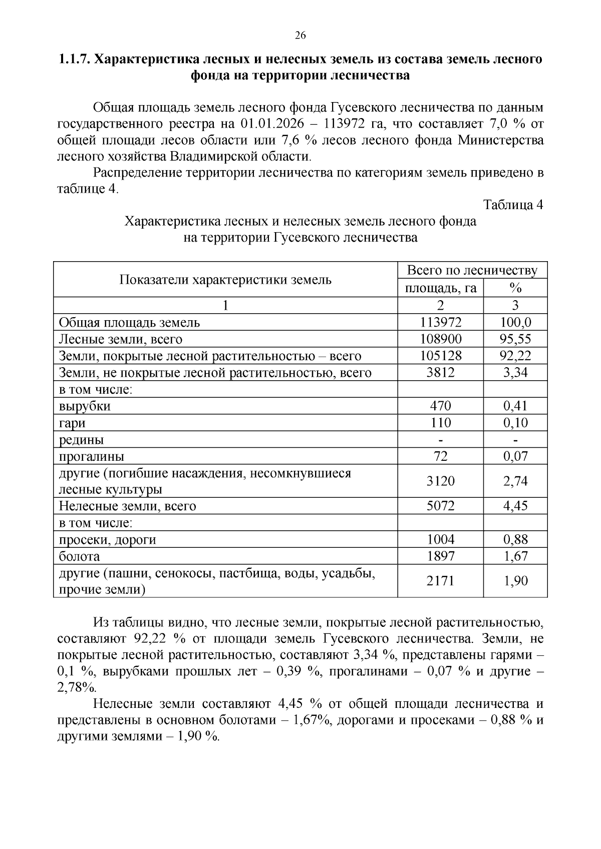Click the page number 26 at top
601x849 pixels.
pyautogui.click(x=300, y=35)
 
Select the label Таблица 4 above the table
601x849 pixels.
pyautogui.click(x=513, y=205)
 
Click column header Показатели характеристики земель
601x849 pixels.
pyautogui.click(x=225, y=280)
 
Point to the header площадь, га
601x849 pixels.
pyautogui.click(x=440, y=289)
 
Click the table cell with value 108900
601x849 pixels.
pyautogui.click(x=440, y=339)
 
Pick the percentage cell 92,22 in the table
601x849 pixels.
pyautogui.click(x=515, y=356)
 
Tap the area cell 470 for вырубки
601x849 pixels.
pyautogui.click(x=440, y=406)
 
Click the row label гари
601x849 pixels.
pyautogui.click(x=72, y=423)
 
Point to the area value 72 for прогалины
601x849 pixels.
pyautogui.click(x=440, y=456)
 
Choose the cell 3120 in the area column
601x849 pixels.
pyautogui.click(x=440, y=481)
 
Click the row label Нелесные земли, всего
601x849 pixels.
pyautogui.click(x=127, y=506)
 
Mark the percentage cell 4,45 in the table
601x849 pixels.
pyautogui.click(x=515, y=506)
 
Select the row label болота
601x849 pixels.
pyautogui.click(x=79, y=556)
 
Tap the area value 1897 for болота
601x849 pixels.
pyautogui.click(x=440, y=556)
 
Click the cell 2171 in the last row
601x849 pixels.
pyautogui.click(x=440, y=581)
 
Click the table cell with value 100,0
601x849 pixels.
pyautogui.click(x=515, y=323)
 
